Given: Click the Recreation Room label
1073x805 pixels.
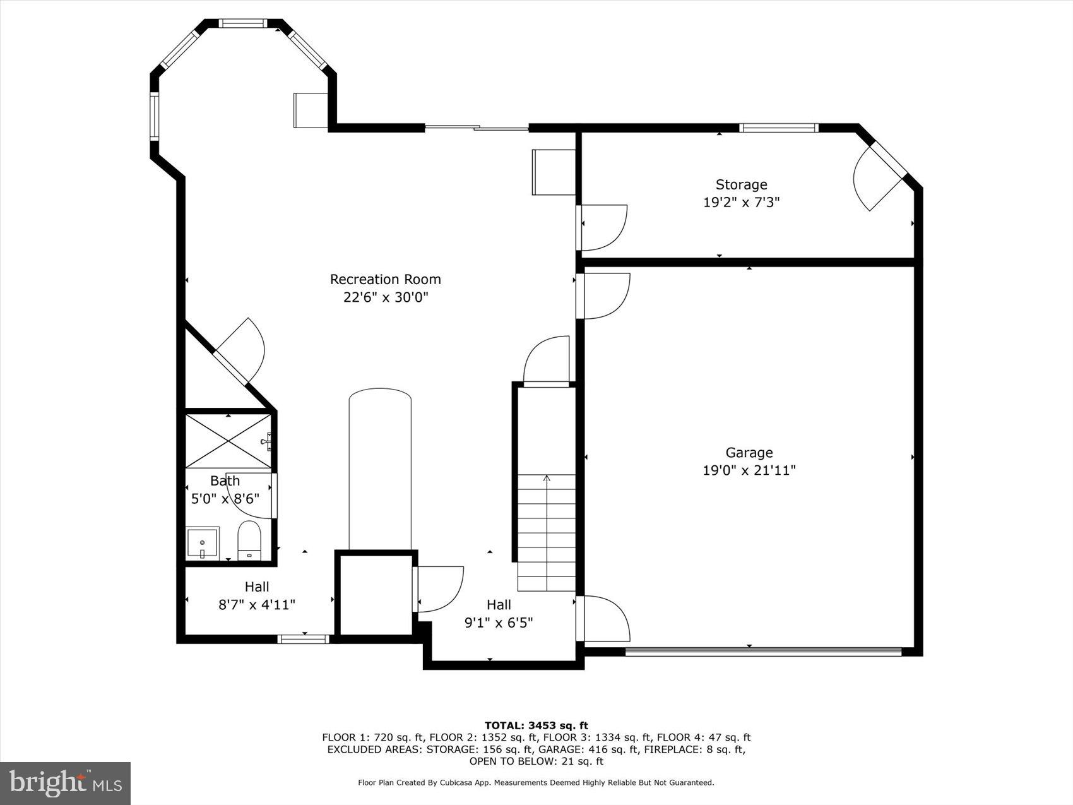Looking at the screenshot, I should tap(385, 279).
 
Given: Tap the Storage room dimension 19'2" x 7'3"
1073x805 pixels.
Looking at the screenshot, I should tap(741, 203).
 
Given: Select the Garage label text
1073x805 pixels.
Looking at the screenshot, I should tap(749, 453).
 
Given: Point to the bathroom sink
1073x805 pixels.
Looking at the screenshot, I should tap(203, 543).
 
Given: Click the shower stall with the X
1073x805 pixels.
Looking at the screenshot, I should tap(228, 441).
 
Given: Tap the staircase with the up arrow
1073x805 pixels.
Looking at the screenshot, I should tap(547, 530).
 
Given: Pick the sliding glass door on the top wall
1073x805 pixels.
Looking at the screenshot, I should tap(477, 128).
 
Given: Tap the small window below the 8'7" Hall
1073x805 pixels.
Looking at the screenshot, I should tap(304, 639).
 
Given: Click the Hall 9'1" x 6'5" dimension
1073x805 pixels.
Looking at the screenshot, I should tap(499, 623).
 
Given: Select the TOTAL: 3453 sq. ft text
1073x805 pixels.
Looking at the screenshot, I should tap(536, 725).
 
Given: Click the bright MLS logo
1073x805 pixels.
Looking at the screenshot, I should tap(65, 783).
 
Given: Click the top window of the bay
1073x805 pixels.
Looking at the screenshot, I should tap(243, 24).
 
